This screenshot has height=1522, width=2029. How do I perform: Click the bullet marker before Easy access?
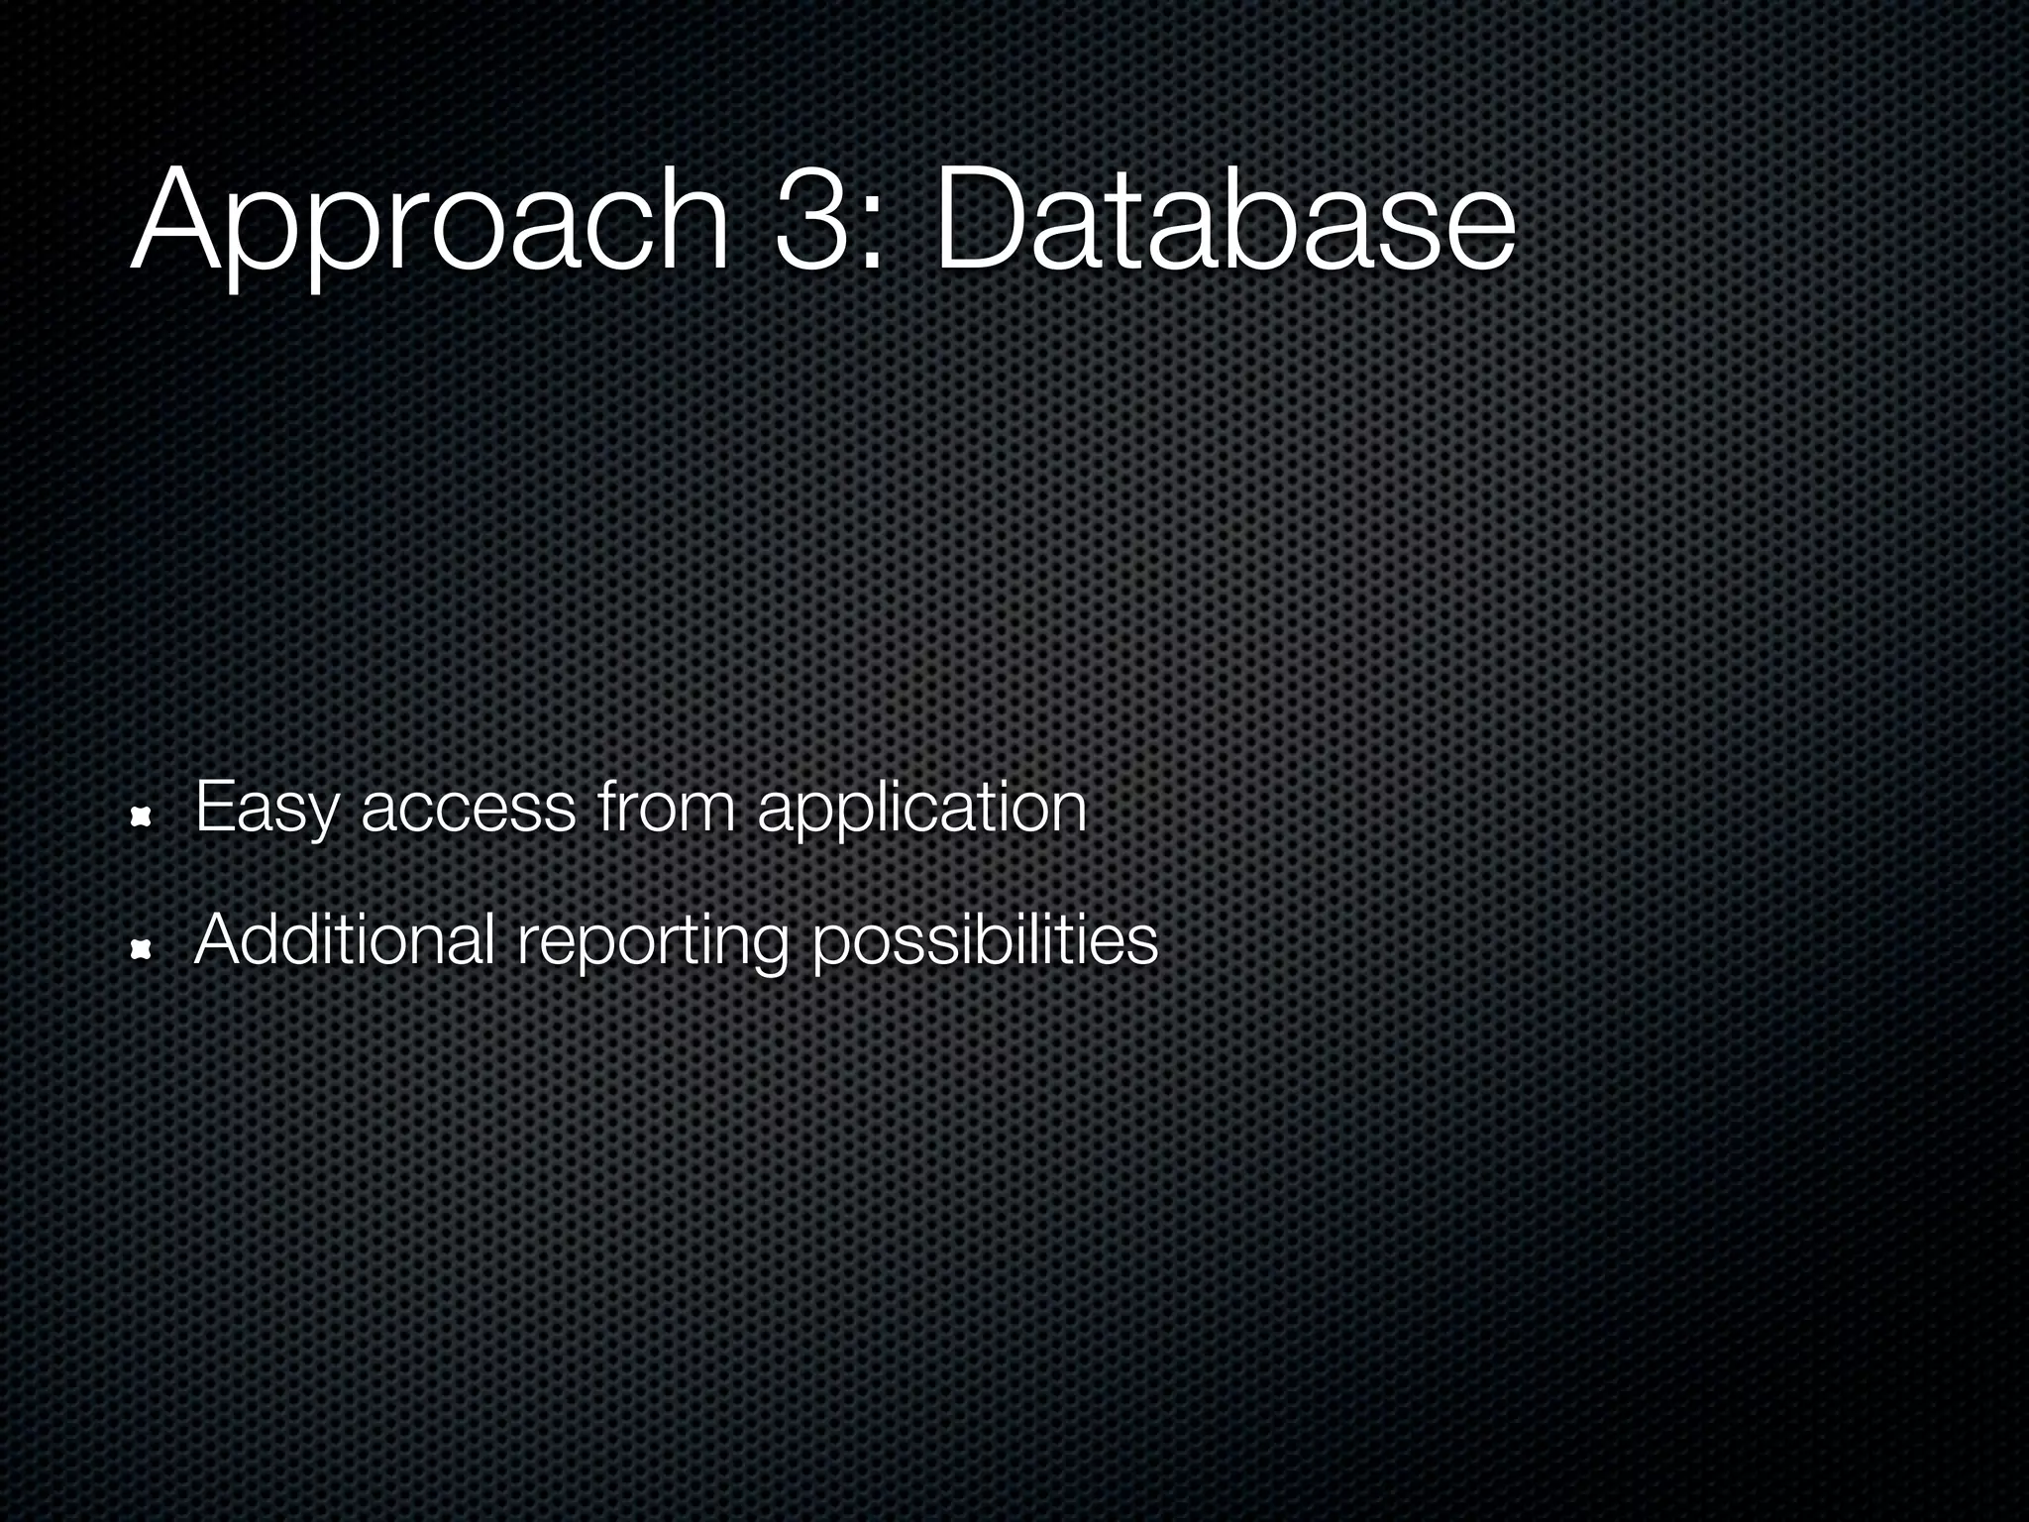click(x=141, y=815)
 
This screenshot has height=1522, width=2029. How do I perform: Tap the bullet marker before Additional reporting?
click(x=141, y=950)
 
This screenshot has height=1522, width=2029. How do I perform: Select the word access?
click(x=468, y=811)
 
